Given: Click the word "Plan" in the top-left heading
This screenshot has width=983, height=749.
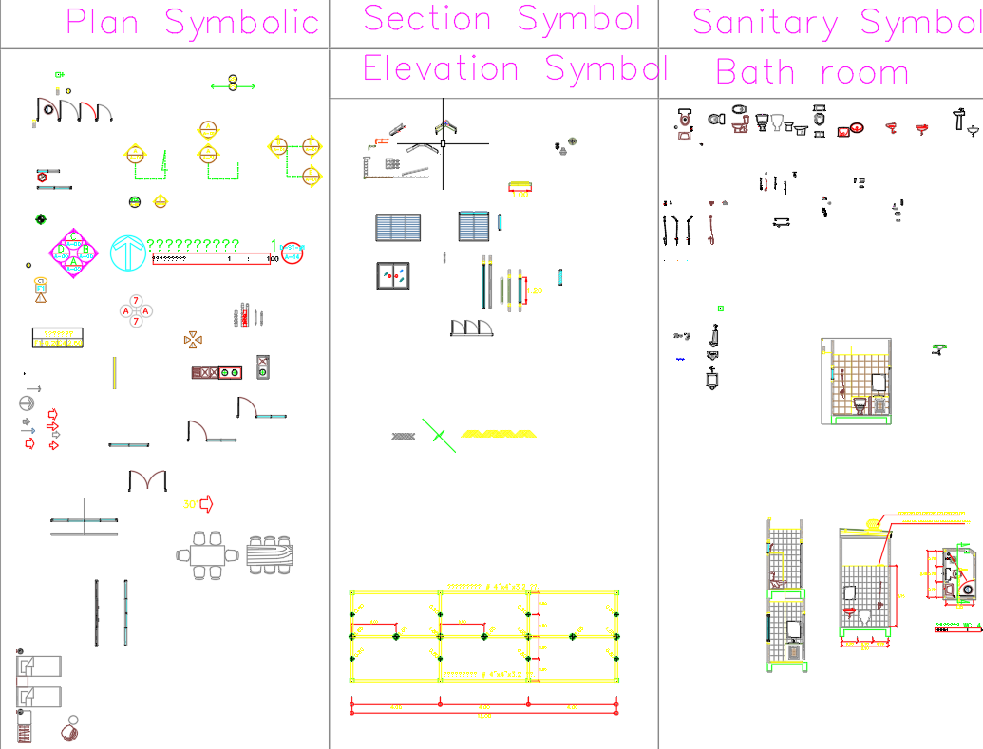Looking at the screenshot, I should point(103,22).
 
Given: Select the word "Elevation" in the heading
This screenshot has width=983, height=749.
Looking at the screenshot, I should point(441,68).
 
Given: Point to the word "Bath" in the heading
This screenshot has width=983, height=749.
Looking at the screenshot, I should point(755,72).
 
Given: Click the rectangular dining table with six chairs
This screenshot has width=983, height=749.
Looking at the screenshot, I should point(207,555).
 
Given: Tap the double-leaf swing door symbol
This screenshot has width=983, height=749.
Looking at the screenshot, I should point(147,480).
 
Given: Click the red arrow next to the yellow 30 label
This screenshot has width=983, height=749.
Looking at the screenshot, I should point(205,504).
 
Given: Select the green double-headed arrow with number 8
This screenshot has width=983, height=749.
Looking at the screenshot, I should point(233,86).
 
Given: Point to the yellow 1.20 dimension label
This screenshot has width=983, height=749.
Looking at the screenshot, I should point(520,194).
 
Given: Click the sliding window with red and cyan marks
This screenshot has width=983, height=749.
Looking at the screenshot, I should point(397,275).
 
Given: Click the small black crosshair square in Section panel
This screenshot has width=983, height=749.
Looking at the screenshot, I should point(443,144).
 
